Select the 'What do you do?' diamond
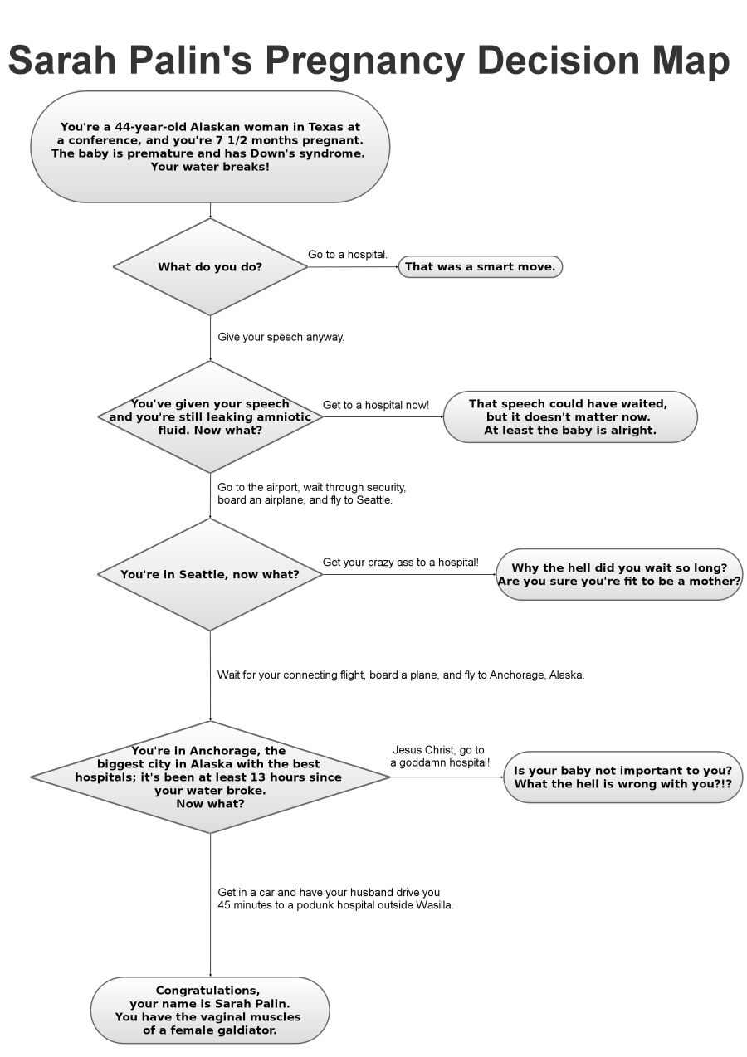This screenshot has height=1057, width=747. [210, 267]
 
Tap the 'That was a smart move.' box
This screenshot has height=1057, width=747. [481, 267]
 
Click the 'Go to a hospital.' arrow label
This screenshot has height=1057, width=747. [348, 254]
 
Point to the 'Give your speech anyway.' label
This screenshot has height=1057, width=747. [281, 338]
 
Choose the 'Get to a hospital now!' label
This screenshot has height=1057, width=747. [376, 405]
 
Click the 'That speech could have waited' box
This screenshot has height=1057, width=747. [569, 416]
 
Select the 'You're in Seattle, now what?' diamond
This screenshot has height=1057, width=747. [210, 574]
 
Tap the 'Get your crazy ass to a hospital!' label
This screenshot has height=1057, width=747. [400, 563]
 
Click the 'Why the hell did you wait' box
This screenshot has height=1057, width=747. [619, 574]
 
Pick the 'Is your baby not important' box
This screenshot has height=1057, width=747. [622, 777]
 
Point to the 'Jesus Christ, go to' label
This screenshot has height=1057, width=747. [438, 749]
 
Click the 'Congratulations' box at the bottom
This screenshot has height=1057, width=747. [210, 1010]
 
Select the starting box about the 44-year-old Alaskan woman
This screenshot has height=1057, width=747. [210, 147]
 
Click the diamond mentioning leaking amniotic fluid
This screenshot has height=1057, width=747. [210, 416]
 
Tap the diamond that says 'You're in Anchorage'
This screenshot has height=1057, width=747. [210, 777]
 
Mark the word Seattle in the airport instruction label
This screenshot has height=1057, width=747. [374, 501]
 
